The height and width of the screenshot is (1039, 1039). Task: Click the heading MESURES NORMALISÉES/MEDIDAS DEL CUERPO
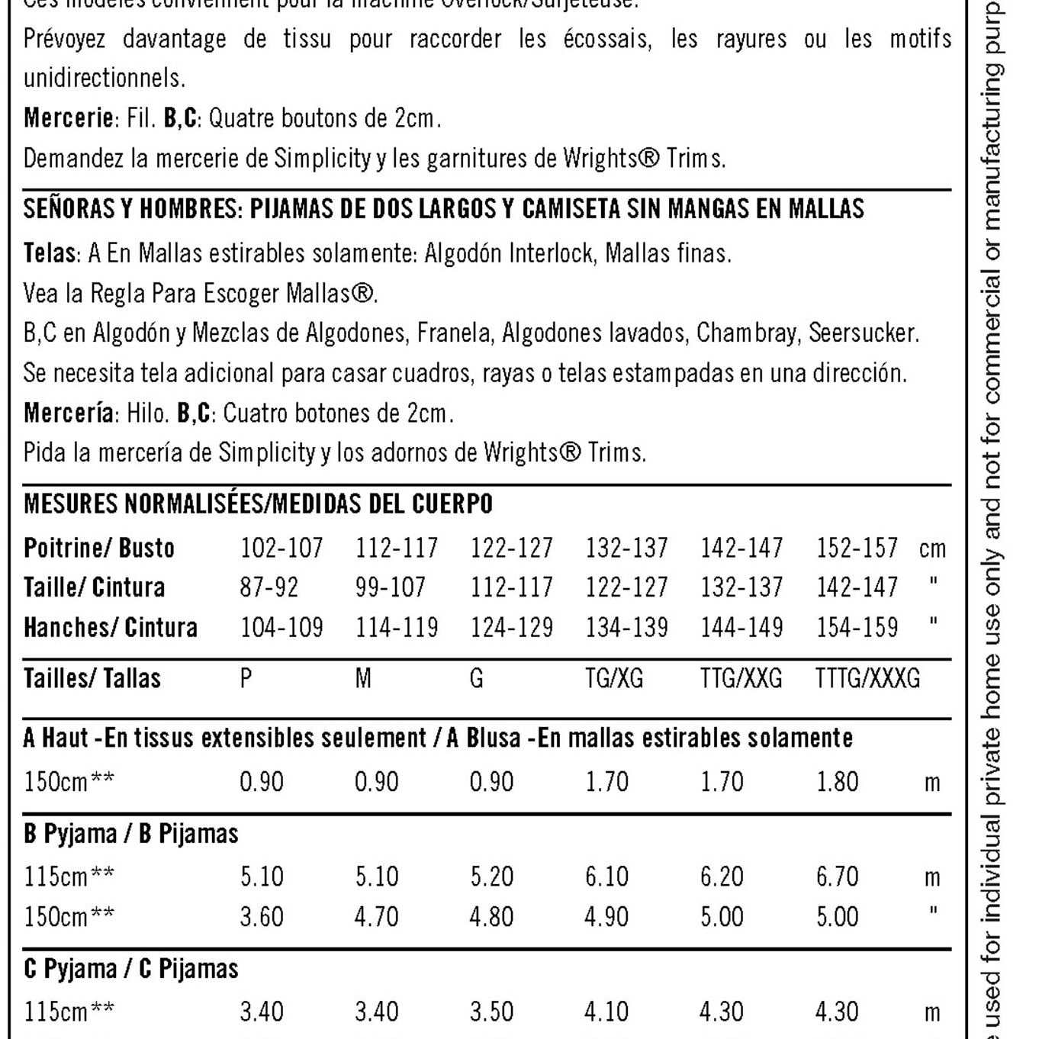[258, 504]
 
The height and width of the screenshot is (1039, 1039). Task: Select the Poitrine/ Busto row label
[99, 548]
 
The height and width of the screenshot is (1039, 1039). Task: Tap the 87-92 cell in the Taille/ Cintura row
[269, 587]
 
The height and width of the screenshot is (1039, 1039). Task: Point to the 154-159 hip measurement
[857, 627]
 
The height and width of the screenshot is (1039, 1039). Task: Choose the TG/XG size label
[614, 678]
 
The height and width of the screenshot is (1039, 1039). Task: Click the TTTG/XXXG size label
[867, 678]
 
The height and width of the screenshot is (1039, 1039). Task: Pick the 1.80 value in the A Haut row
[837, 782]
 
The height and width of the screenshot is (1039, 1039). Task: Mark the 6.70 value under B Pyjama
[837, 877]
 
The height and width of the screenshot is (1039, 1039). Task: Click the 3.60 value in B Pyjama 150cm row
[262, 916]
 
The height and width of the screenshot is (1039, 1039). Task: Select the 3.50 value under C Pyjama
[491, 1012]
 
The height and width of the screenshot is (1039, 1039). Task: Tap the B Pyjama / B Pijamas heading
[131, 834]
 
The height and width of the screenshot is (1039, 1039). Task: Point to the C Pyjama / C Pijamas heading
[131, 969]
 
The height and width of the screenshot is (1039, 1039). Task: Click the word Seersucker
[864, 333]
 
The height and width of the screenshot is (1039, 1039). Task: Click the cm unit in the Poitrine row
[932, 548]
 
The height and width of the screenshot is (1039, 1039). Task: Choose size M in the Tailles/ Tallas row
[363, 678]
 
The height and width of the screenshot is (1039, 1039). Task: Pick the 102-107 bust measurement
[281, 548]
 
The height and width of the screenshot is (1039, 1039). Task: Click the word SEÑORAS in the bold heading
[68, 209]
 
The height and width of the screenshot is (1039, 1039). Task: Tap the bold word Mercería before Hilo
[69, 413]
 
